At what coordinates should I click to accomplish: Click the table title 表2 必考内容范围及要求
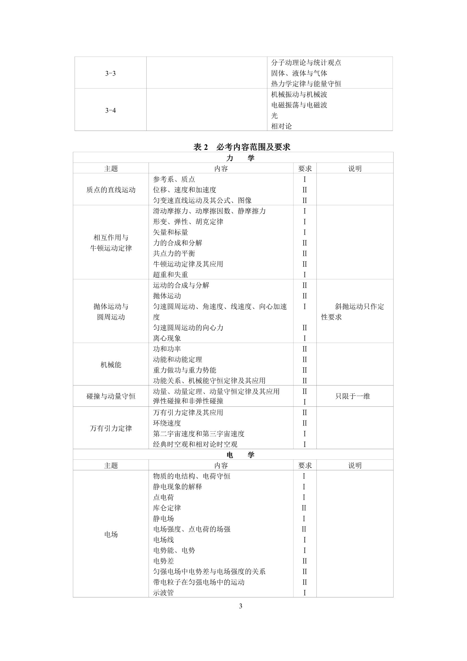[242, 147]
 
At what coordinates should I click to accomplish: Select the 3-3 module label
[110, 74]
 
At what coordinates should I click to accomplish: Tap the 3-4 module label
[110, 111]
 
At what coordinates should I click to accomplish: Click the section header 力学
[240, 158]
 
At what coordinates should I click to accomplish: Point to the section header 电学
[240, 455]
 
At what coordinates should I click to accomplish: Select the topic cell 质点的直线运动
[111, 190]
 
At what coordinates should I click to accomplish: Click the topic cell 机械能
[111, 365]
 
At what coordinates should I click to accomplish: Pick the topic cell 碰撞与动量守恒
[111, 396]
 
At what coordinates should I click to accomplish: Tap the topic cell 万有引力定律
[111, 428]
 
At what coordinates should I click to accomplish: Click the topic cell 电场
[111, 535]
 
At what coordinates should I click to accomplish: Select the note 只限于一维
[353, 396]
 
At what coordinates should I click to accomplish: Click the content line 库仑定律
[167, 508]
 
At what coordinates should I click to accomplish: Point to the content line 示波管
[163, 593]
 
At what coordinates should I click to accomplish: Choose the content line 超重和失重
[170, 275]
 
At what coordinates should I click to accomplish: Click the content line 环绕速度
[167, 423]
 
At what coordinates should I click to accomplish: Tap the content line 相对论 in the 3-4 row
[281, 126]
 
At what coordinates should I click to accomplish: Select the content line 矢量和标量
[170, 232]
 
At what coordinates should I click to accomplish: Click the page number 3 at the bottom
[240, 606]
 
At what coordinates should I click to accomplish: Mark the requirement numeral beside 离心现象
[305, 338]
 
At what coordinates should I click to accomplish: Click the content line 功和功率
[167, 349]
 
